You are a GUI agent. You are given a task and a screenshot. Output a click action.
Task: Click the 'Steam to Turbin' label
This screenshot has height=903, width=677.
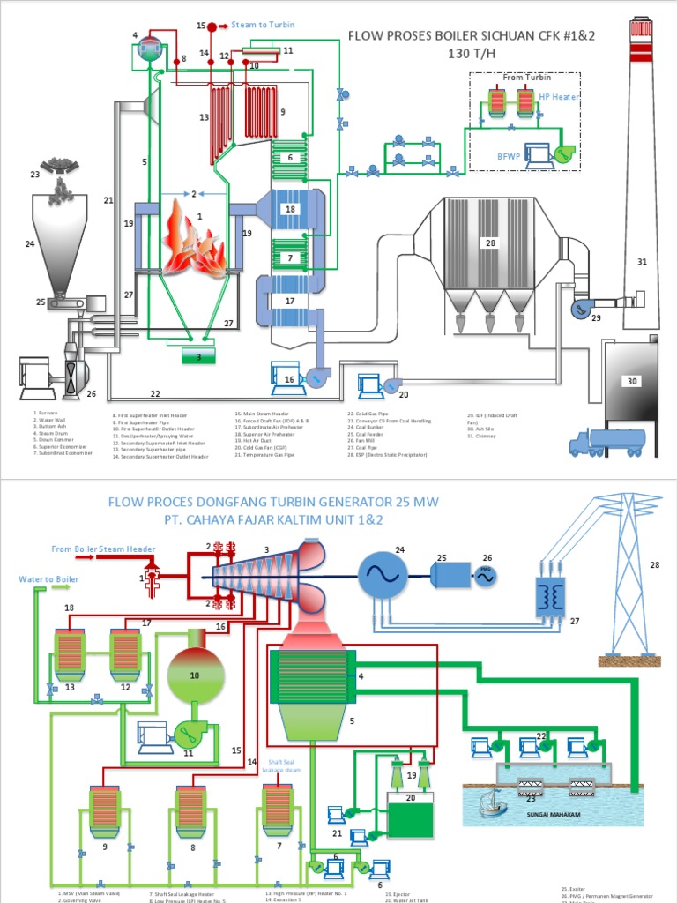pos(264,26)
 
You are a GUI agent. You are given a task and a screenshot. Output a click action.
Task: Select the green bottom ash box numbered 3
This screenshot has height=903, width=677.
pos(199,356)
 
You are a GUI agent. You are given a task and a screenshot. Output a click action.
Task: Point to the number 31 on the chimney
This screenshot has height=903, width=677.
pos(642,261)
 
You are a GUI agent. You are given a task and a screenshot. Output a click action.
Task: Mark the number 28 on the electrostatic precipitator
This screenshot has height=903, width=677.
pos(490,242)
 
